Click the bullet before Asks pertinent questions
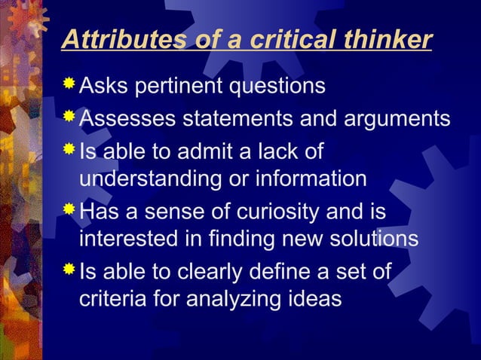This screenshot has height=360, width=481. point(69,84)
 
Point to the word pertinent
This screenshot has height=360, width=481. point(182,87)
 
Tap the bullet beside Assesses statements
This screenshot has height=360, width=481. point(69,117)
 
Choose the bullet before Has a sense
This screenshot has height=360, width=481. point(69,209)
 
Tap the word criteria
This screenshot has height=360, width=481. point(111,299)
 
